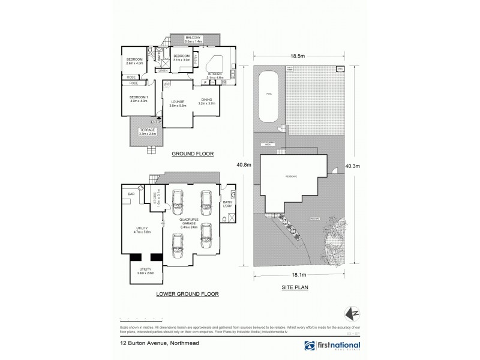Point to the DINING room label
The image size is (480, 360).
point(206,101)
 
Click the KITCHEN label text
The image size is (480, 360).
point(215,75)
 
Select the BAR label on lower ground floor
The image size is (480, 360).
point(130,194)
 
